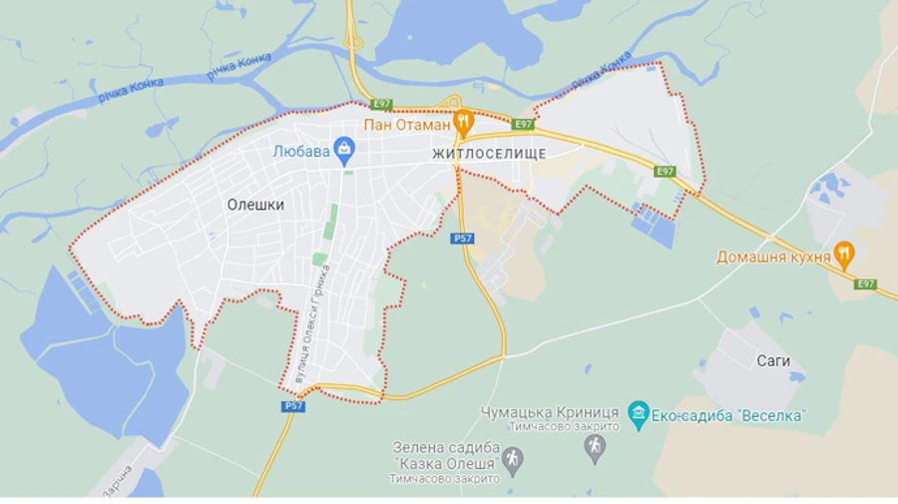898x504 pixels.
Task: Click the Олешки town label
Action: point(255,205)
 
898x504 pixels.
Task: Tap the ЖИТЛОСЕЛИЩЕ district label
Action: point(490,154)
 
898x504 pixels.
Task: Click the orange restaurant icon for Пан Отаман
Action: point(462,125)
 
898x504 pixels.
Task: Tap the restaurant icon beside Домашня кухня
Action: point(844,255)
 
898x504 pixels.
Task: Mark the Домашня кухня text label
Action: point(773,256)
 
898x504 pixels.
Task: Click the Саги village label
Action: point(772,360)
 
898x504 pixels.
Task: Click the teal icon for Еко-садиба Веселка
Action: point(639,413)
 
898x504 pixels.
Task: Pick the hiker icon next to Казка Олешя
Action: point(513,460)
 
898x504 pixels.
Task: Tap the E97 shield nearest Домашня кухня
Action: point(864,284)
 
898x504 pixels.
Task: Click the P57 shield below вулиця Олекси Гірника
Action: point(292,406)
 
